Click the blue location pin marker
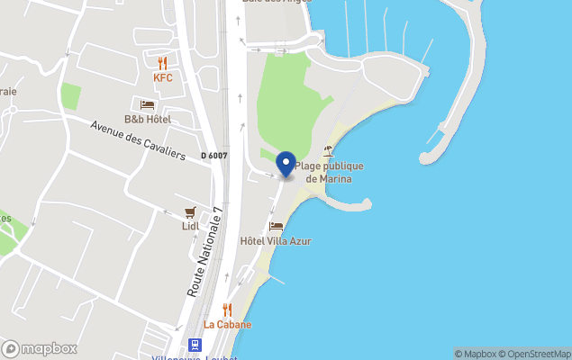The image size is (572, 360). coord(286,165)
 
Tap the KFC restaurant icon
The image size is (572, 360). coord(163,63)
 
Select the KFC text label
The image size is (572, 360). coord(163,78)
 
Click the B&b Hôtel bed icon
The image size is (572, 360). coord(147,104)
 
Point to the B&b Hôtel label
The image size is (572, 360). coord(147,119)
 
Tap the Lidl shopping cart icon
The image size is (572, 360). coord(190,212)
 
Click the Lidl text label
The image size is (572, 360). coord(190,226)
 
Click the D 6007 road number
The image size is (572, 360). coord(214,156)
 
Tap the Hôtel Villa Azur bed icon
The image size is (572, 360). coord(276,227)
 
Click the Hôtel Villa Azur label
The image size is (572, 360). coord(276,241)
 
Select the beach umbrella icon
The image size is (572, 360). coord(328,151)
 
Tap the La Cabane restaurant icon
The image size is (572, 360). coord(227,310)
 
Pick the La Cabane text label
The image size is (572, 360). coord(227,324)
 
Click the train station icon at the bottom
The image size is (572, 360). coord(194,345)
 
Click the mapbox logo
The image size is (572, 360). coord(40,348)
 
